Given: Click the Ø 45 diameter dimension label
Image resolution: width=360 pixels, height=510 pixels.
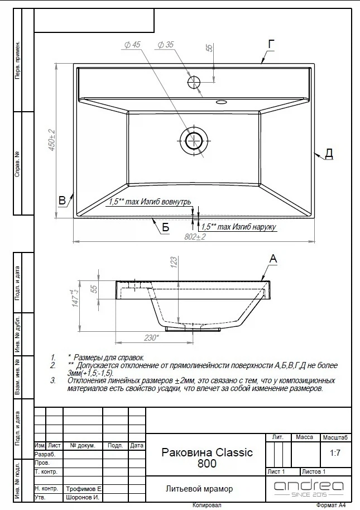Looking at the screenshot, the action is [x=132, y=45].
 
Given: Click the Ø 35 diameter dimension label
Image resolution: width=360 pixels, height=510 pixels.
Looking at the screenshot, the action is [x=166, y=45].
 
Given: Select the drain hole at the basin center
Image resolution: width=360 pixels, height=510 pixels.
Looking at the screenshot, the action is [x=194, y=141].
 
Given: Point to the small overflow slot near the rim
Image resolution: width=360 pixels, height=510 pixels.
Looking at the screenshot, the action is [x=221, y=102].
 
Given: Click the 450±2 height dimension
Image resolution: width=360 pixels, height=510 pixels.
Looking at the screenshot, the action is [x=52, y=140].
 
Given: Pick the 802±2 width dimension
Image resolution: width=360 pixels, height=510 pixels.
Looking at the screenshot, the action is [x=195, y=237].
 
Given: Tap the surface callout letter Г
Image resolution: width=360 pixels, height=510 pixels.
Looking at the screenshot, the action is [x=271, y=44].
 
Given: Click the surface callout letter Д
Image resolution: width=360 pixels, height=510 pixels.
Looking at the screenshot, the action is [x=329, y=154].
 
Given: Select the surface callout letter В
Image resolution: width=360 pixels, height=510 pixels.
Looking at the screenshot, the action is [x=62, y=200].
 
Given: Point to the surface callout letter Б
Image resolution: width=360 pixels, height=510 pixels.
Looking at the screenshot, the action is [x=166, y=227].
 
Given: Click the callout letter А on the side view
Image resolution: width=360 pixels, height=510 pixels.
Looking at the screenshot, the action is [x=273, y=259].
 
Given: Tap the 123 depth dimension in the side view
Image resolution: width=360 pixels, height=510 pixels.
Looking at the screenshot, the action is [x=174, y=262].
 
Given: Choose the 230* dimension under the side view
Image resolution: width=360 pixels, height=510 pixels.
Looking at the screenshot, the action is [x=151, y=338].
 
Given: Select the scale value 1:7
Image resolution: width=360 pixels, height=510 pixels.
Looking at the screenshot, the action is [x=335, y=453].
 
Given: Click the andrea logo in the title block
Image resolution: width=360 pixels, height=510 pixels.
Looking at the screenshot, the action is [x=309, y=489].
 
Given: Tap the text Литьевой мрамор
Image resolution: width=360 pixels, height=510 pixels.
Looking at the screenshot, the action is [x=199, y=489].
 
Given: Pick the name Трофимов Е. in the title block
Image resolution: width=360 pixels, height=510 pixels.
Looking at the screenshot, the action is [x=84, y=489].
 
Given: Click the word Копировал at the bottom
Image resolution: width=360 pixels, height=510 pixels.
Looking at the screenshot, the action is [x=207, y=505].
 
